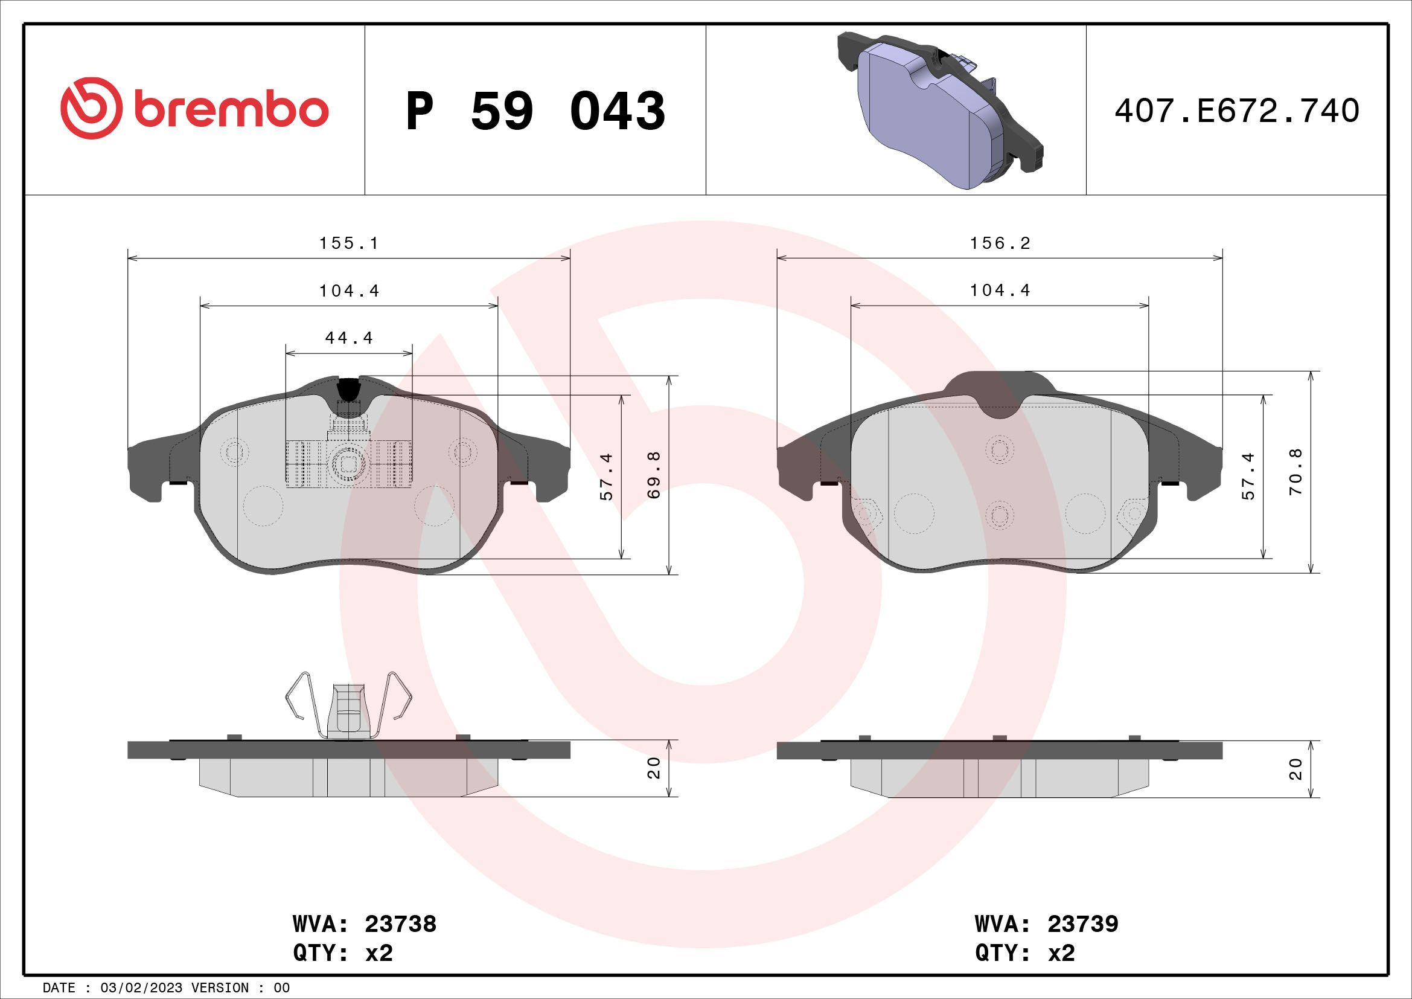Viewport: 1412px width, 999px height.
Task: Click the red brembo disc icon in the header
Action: (88, 108)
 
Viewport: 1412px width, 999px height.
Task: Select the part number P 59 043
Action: (535, 111)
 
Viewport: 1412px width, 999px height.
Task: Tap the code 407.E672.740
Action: (1237, 111)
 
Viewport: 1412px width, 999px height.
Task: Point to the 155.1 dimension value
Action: (349, 243)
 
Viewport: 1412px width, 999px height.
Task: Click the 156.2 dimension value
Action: (1000, 243)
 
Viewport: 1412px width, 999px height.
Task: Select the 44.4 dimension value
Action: (350, 338)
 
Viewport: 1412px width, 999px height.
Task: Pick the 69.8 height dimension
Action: (654, 474)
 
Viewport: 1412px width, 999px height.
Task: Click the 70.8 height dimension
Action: (1296, 472)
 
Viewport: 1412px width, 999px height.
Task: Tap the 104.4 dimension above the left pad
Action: (349, 291)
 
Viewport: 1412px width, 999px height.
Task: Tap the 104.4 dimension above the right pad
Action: (1000, 291)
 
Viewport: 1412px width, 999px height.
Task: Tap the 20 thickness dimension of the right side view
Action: (1296, 769)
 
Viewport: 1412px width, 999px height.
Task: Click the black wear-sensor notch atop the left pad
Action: (350, 388)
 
